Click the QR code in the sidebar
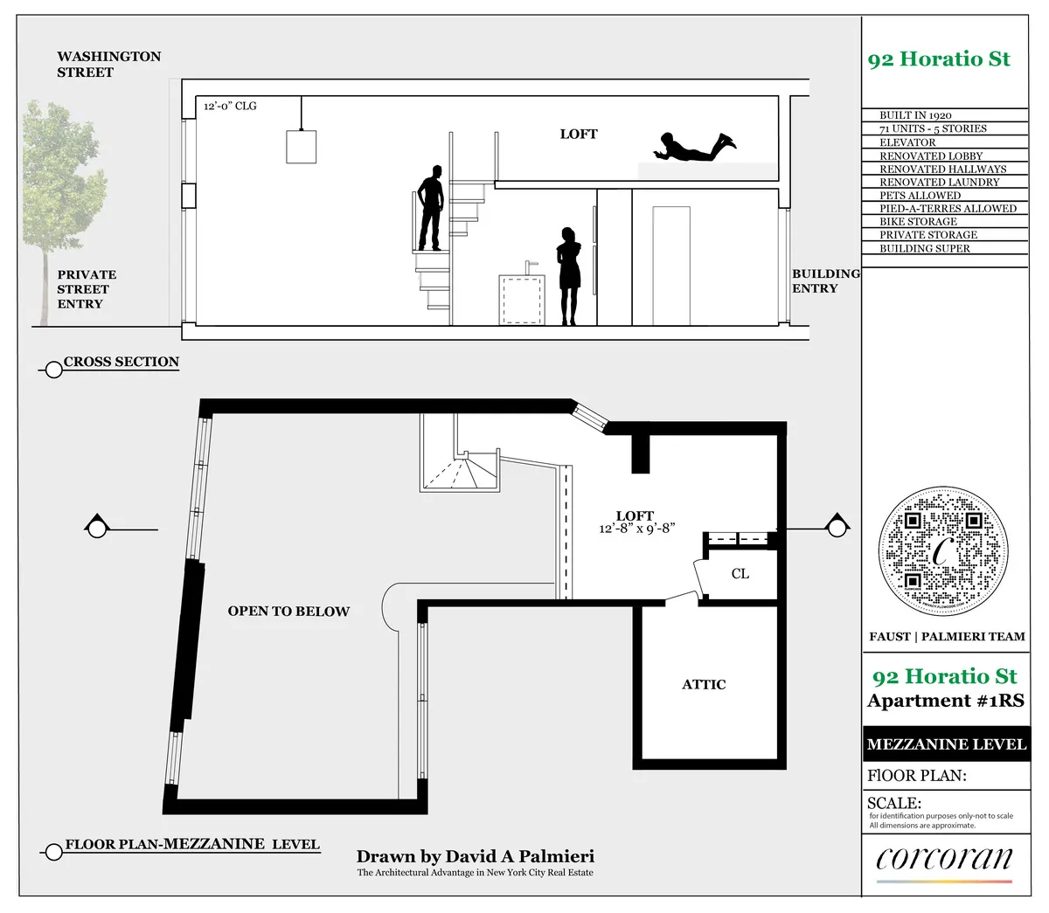(x=942, y=552)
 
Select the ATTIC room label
(x=704, y=685)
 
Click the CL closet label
(x=740, y=574)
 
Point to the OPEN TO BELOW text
(x=288, y=612)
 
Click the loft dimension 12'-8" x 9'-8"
(x=636, y=529)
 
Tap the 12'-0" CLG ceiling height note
(x=230, y=106)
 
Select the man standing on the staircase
(x=430, y=208)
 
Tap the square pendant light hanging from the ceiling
(x=302, y=146)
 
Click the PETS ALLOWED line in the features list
(x=920, y=195)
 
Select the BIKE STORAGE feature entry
(x=918, y=222)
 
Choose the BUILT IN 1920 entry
(x=915, y=115)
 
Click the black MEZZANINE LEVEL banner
(x=945, y=744)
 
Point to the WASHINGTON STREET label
(x=108, y=64)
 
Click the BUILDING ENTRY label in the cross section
(x=825, y=280)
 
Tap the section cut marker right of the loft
(x=837, y=527)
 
